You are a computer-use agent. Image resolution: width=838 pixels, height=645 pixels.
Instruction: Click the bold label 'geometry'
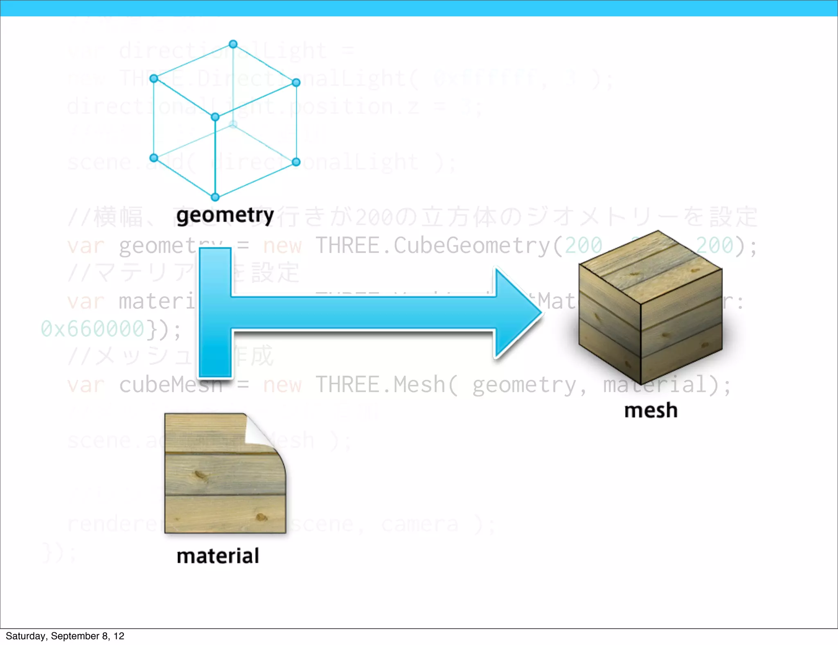[x=225, y=216]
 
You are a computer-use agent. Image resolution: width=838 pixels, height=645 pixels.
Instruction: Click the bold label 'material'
[x=218, y=556]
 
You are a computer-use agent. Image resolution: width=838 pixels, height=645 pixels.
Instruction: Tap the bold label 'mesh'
[x=651, y=410]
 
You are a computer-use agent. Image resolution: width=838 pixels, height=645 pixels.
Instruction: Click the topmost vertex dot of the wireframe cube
[x=233, y=44]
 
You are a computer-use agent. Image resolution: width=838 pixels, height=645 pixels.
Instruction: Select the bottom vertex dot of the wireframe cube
[x=215, y=197]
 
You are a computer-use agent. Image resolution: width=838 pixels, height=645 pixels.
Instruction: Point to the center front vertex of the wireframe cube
[x=215, y=117]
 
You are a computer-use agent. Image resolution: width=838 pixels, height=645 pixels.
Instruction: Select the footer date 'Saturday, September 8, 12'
[x=65, y=636]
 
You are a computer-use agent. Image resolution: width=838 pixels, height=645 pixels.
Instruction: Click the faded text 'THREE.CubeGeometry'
[x=433, y=246]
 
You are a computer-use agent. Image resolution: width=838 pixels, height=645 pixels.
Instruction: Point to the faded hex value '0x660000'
[x=93, y=329]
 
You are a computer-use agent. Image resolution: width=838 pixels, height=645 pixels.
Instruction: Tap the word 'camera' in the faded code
[x=419, y=524]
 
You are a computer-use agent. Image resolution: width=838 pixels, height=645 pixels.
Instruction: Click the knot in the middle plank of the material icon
[x=201, y=475]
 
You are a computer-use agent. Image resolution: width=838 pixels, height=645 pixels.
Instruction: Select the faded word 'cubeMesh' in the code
[x=170, y=385]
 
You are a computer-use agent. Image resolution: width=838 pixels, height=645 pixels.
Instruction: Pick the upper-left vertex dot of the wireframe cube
[x=154, y=79]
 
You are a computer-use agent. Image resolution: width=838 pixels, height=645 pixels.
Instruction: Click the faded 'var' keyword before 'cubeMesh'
[x=86, y=385]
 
